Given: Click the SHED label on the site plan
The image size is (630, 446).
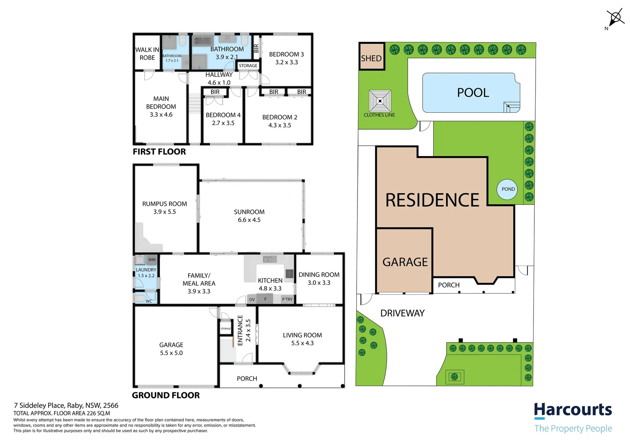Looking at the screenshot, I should [371, 58].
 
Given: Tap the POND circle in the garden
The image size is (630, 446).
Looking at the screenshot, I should [508, 189].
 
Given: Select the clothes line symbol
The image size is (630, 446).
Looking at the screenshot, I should [380, 101].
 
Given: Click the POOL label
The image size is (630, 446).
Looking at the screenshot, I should [473, 93].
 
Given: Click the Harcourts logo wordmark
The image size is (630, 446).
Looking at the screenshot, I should [573, 410].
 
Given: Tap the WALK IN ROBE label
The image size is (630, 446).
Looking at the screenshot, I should [147, 54].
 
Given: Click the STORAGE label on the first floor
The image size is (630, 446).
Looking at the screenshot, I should [248, 66].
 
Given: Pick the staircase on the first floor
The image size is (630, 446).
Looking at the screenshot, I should [194, 103].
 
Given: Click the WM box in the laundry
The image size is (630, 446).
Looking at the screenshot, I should [152, 260].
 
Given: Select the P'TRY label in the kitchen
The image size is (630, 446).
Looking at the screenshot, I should [287, 299].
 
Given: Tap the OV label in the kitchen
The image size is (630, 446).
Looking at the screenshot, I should [252, 299].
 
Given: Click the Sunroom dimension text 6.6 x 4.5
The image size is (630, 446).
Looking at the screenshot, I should [249, 220].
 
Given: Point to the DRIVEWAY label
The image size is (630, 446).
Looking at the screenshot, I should [402, 313].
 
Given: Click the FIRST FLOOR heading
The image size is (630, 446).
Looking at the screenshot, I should [159, 152].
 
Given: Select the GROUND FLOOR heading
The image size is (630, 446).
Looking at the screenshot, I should [166, 395].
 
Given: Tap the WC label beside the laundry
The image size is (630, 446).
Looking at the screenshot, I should [149, 301].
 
